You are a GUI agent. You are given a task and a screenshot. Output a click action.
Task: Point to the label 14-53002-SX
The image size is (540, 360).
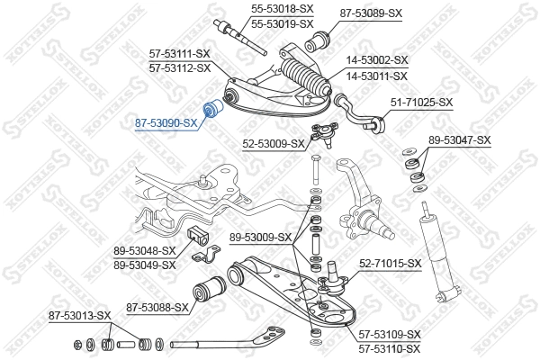(x=377, y=60)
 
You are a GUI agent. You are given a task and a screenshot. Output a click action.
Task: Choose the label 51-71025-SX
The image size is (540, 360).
(x=420, y=103)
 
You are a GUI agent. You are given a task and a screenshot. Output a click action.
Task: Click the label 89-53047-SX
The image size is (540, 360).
(x=459, y=139)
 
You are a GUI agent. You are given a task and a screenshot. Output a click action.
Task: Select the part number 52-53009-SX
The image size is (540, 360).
(x=273, y=142)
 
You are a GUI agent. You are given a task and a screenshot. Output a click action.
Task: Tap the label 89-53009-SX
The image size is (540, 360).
(x=260, y=238)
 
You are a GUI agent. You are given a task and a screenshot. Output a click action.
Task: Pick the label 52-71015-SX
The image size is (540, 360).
(x=391, y=263)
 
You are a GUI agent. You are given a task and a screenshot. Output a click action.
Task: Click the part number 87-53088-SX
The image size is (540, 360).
(x=157, y=307)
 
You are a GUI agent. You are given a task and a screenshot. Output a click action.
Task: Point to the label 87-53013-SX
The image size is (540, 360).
(x=79, y=316)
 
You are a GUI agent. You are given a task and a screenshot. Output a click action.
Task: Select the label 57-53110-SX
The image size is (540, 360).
(x=389, y=347)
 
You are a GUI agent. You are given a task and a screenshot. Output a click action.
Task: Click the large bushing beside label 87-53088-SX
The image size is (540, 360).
(x=209, y=292)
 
